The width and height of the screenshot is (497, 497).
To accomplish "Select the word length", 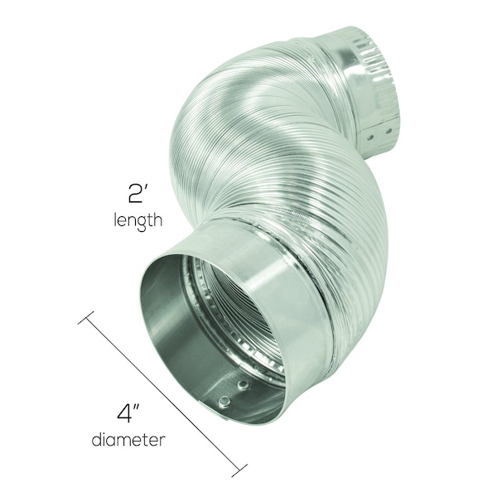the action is point(138,220).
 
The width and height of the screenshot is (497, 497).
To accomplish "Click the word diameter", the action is point(128,440).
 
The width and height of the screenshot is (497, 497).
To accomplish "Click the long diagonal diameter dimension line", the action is point(162,393).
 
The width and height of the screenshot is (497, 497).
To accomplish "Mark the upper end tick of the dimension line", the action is point(85,317).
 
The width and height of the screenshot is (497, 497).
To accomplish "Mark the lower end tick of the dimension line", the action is point(239,470).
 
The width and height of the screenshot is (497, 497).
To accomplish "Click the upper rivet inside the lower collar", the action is point(243,385).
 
